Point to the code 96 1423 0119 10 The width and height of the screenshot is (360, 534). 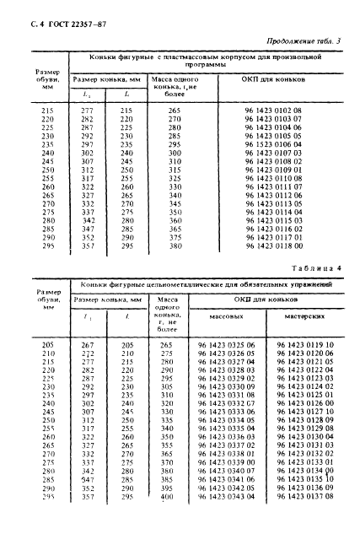tap(304, 345)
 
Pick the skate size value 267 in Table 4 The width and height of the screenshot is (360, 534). tap(87, 345)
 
